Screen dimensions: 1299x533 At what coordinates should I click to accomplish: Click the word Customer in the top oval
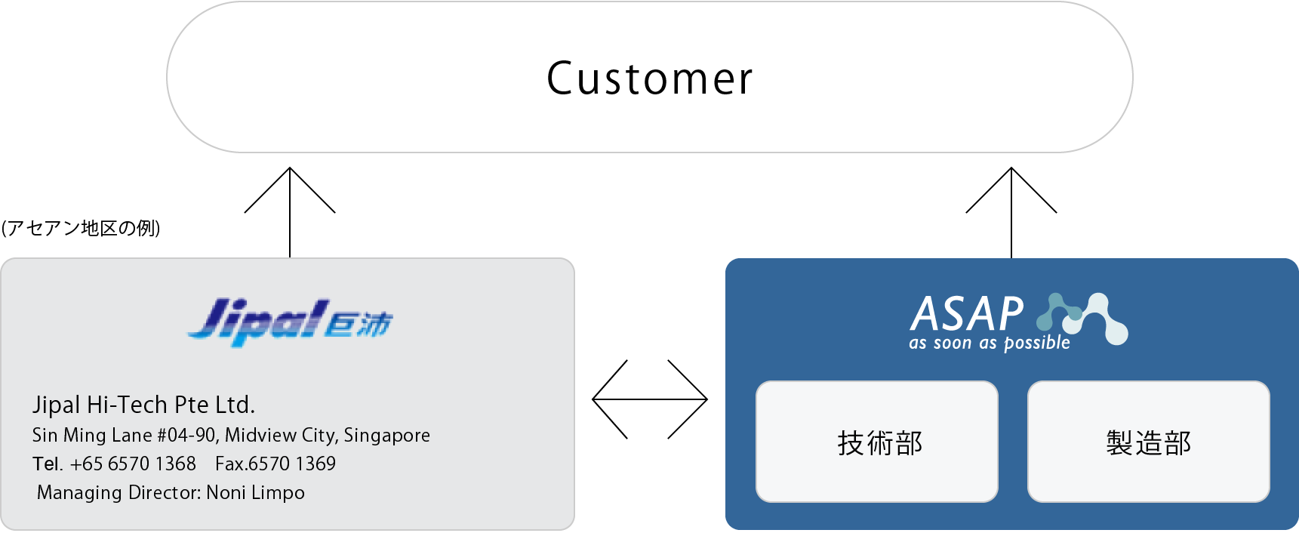coord(649,79)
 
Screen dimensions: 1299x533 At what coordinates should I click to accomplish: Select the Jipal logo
coord(291,322)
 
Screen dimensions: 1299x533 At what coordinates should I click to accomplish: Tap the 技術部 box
coord(877,442)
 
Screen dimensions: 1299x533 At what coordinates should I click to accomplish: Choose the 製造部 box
coord(1149,442)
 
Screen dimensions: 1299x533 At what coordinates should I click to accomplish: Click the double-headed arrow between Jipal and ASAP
coord(650,399)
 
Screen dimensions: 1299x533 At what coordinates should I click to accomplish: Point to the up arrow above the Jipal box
coord(290,213)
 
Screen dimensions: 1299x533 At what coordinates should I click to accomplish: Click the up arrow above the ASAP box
coord(1011,213)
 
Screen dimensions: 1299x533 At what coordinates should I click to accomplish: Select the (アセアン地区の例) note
coord(81,228)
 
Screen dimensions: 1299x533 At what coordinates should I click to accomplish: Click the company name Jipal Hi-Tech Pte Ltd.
coord(143,405)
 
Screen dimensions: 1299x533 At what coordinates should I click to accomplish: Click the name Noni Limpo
coord(255,493)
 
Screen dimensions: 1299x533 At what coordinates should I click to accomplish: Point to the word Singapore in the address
coord(387,436)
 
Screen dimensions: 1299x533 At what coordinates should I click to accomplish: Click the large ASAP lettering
coord(967,314)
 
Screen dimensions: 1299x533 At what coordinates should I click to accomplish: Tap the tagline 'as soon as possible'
coord(990,344)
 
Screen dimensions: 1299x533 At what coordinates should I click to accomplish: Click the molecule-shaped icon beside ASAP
coord(1082,319)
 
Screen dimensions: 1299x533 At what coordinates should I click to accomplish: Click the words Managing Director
coord(119,493)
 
